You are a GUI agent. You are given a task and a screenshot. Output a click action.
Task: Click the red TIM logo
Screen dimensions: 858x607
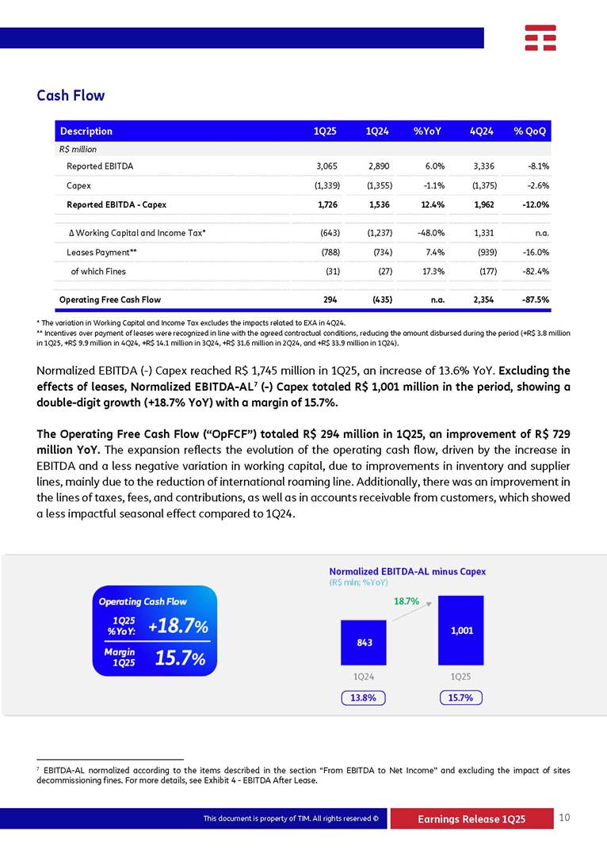(540, 37)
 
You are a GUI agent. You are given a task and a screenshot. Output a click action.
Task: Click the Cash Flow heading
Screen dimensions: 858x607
(71, 96)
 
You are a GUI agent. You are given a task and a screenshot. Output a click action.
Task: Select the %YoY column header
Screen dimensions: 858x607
(427, 131)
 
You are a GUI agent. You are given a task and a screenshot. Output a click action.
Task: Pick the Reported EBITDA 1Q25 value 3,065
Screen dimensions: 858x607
(327, 166)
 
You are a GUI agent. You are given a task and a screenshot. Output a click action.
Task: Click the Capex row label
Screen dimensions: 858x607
(78, 185)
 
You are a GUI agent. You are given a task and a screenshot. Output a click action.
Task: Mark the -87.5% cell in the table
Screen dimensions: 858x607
(534, 299)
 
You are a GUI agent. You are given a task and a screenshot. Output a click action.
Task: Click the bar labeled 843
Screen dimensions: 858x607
(363, 643)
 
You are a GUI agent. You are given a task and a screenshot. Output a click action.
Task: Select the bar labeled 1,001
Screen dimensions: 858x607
(461, 631)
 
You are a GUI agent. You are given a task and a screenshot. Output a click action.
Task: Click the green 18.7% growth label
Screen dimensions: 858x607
(407, 601)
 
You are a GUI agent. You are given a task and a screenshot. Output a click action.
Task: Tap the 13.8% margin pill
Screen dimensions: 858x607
(364, 698)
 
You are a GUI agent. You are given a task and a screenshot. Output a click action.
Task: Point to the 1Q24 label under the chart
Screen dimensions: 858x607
(364, 677)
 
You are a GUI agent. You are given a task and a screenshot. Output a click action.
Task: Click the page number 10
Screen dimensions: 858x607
(564, 818)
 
